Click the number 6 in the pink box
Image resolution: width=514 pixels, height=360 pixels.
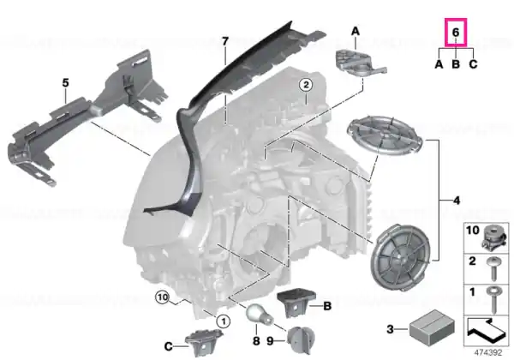coord(456,33)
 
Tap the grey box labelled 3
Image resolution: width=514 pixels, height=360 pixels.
coord(432,327)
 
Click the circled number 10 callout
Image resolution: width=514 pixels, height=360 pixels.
coord(163,297)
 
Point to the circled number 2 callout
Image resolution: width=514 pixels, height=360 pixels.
coord(306,85)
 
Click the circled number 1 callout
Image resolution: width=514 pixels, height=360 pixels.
coord(224,321)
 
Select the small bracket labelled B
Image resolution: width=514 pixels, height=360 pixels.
coord(296,303)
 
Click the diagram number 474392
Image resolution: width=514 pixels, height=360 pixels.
coord(488,353)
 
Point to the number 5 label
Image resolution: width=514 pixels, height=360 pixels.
coord(66,83)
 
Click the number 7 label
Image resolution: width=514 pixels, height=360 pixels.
coord(224,41)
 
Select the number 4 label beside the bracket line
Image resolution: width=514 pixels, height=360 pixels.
coord(457,201)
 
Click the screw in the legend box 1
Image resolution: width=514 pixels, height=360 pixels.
coord(493,298)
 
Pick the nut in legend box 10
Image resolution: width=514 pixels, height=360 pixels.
coord(493,237)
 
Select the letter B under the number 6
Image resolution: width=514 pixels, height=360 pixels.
coord(456,64)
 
